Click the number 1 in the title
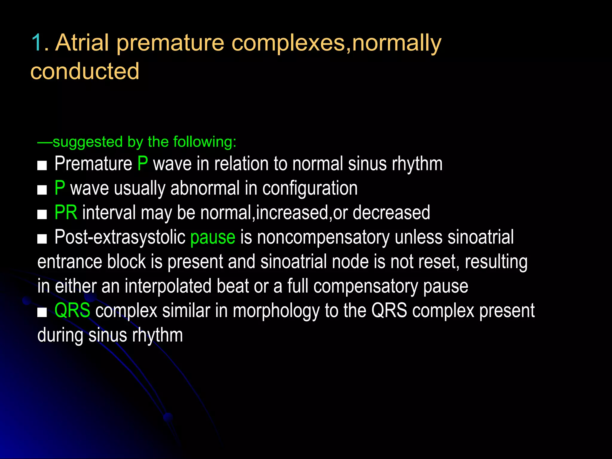(36, 42)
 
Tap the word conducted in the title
(85, 71)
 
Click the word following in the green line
(204, 142)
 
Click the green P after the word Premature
(143, 164)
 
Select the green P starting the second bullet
(60, 188)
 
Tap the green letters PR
(66, 213)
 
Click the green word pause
(213, 238)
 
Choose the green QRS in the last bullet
(72, 310)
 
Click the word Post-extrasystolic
(120, 237)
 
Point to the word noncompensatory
(323, 238)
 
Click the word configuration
(310, 189)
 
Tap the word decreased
(391, 213)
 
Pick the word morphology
(276, 311)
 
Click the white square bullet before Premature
(42, 165)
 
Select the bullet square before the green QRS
(42, 312)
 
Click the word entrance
(70, 262)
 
